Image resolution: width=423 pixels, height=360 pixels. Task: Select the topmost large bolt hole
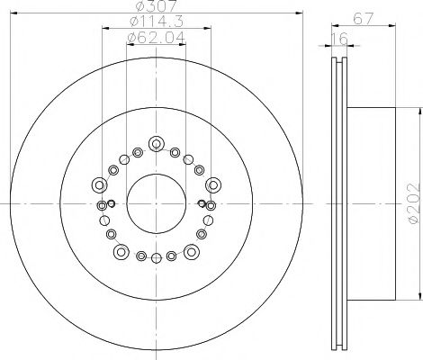click(x=157, y=142)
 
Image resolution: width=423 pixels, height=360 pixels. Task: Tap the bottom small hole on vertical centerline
click(x=157, y=260)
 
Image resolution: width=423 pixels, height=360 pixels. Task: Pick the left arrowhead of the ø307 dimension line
click(x=17, y=14)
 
